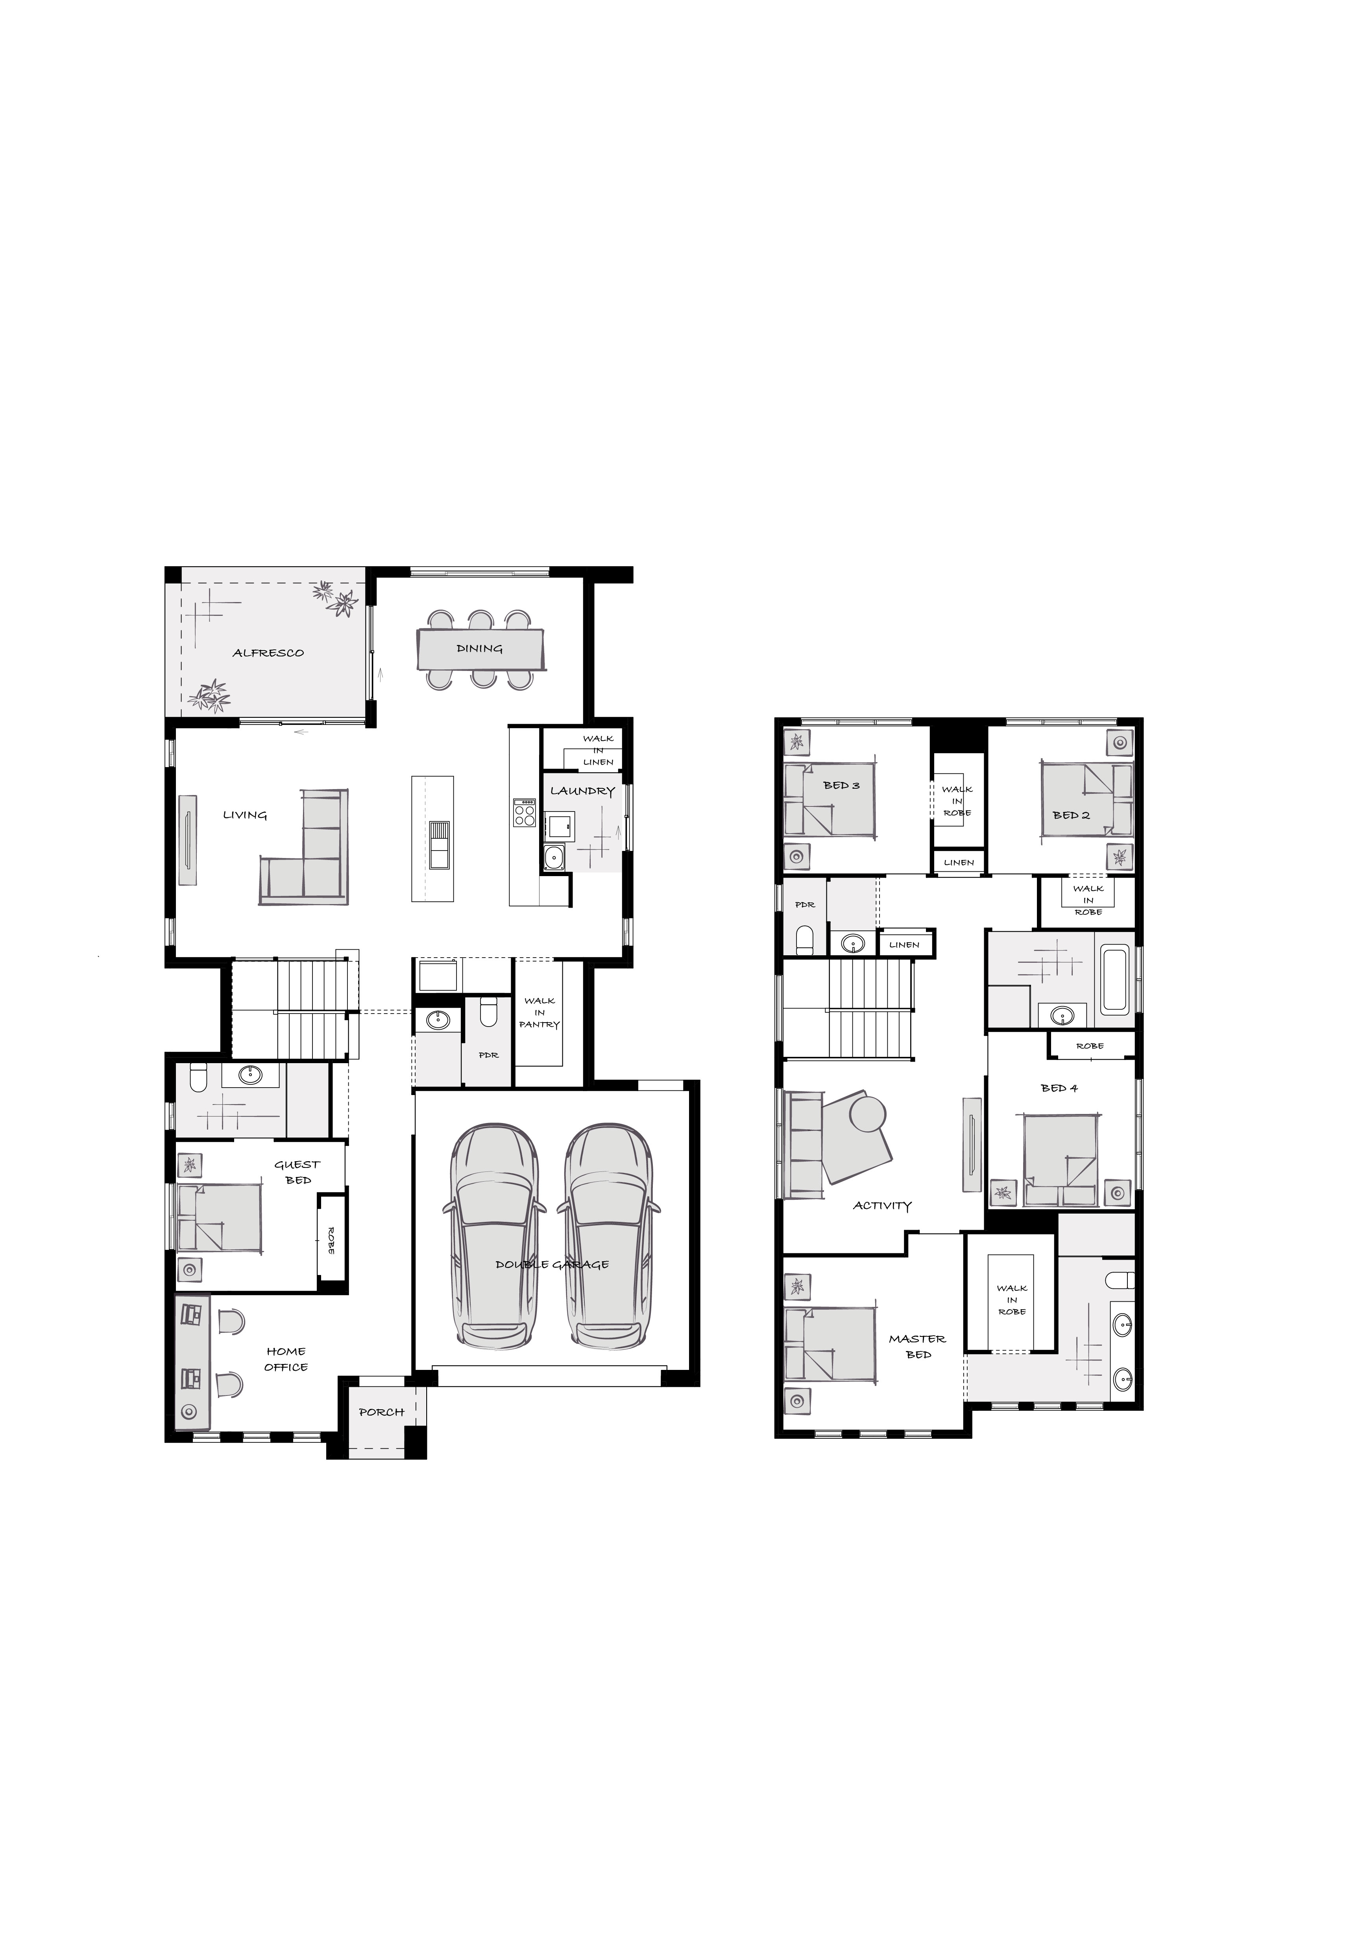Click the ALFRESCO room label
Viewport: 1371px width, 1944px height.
point(268,653)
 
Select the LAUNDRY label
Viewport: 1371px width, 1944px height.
point(582,791)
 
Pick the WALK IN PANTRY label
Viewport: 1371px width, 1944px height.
point(539,1013)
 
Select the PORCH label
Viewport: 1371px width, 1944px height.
point(382,1412)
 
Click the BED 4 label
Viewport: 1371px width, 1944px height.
point(1060,1088)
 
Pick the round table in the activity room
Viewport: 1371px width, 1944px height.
point(867,1114)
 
